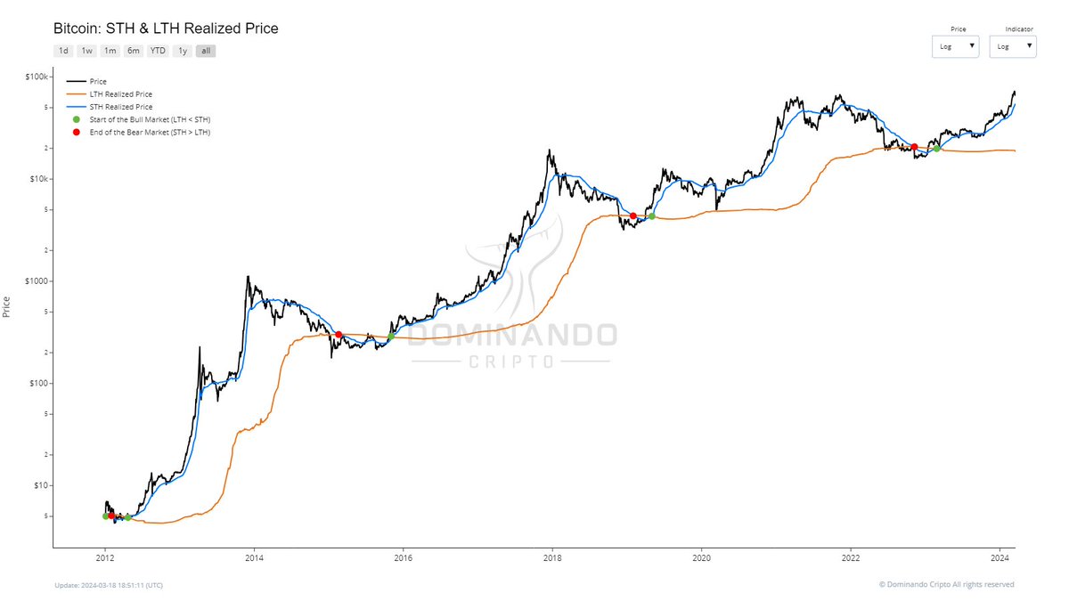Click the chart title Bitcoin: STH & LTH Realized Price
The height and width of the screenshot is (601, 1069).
coord(166,28)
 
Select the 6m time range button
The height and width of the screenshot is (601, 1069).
coord(133,51)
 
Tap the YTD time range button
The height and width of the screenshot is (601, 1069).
coord(158,51)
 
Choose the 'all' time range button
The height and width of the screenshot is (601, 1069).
coord(206,51)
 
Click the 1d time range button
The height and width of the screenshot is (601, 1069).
coord(63,51)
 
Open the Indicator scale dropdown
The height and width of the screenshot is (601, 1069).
coord(1013,46)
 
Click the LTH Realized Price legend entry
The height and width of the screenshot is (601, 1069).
coord(121,94)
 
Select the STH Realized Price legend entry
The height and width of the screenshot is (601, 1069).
coord(121,107)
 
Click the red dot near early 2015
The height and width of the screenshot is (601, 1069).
coord(339,334)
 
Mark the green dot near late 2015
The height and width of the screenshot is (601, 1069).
coord(391,337)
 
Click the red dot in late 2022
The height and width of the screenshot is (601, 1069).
coord(914,147)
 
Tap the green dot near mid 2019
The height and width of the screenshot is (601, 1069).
coord(652,216)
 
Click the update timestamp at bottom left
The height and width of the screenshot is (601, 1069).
coord(108,585)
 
